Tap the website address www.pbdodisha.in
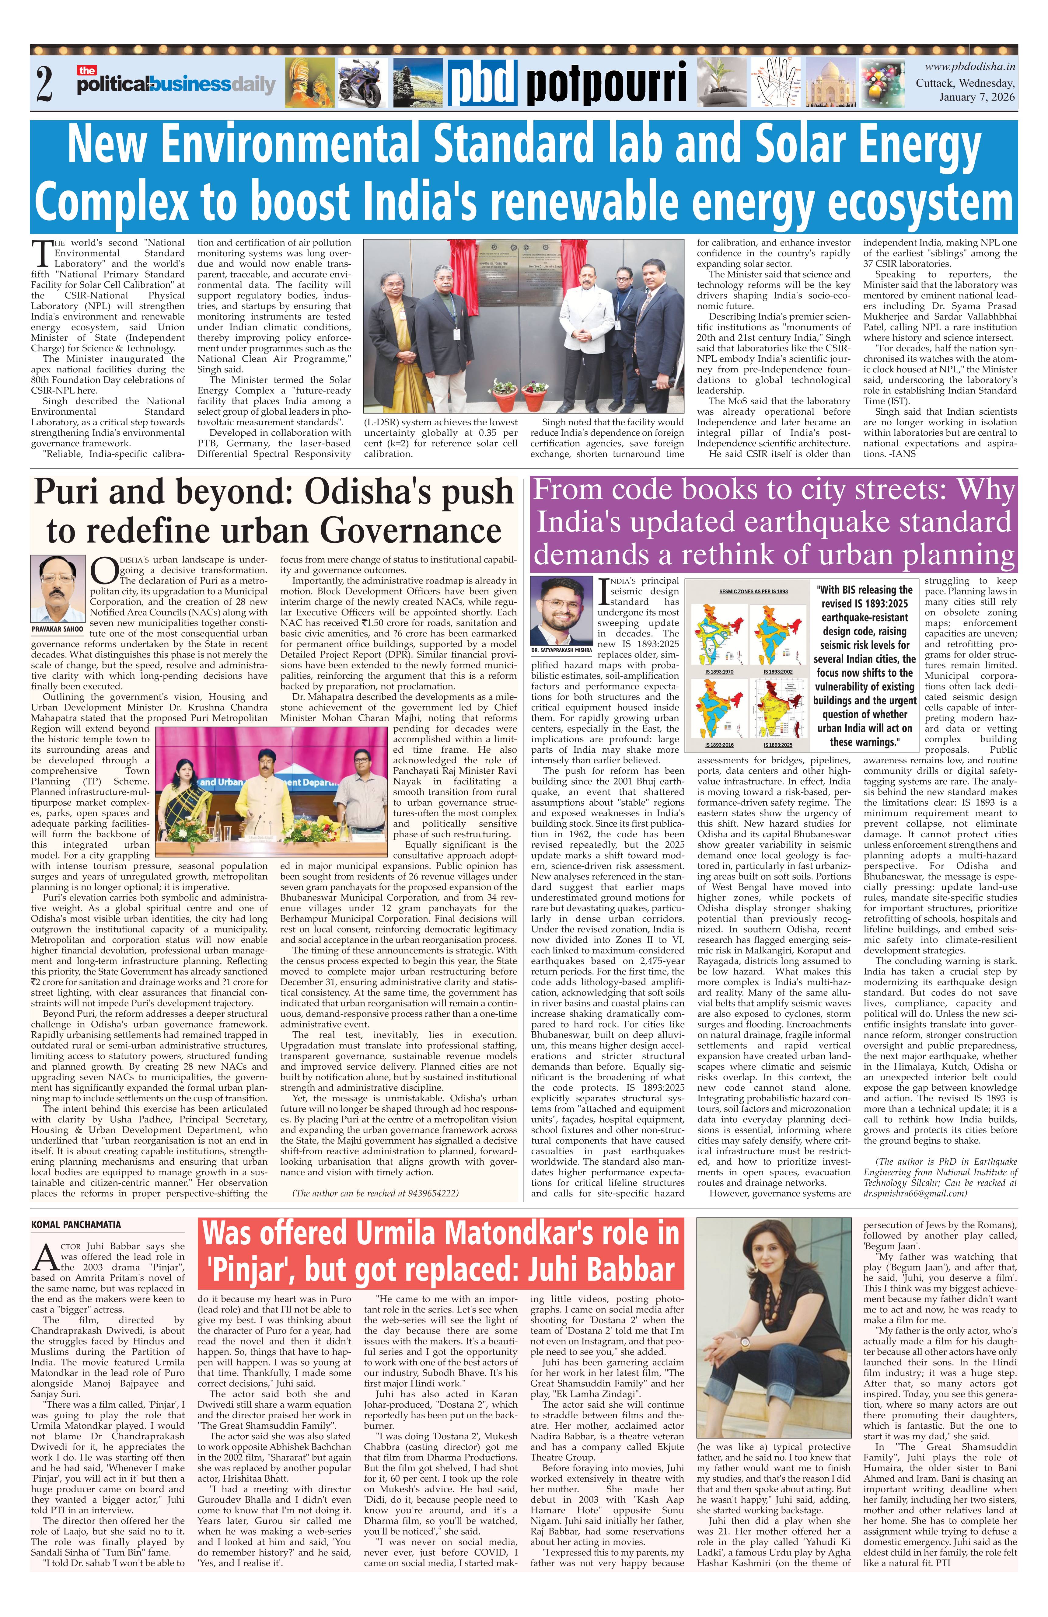click(970, 67)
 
